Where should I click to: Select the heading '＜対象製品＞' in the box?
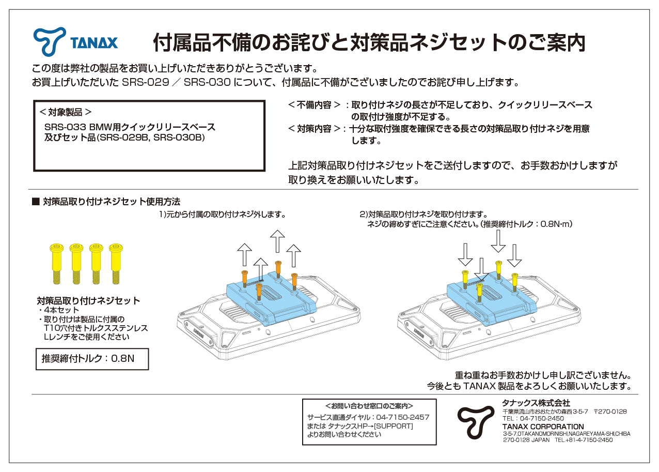click(x=66, y=112)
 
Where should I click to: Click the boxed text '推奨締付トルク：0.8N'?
click(x=88, y=359)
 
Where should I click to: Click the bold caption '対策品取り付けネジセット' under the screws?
click(x=88, y=300)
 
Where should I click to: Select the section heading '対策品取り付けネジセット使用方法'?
click(x=111, y=202)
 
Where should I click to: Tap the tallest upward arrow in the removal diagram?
click(x=277, y=241)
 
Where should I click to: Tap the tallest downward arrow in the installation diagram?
click(x=498, y=241)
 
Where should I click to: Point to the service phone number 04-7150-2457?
click(x=402, y=417)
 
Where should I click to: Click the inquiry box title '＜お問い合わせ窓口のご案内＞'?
click(x=369, y=406)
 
